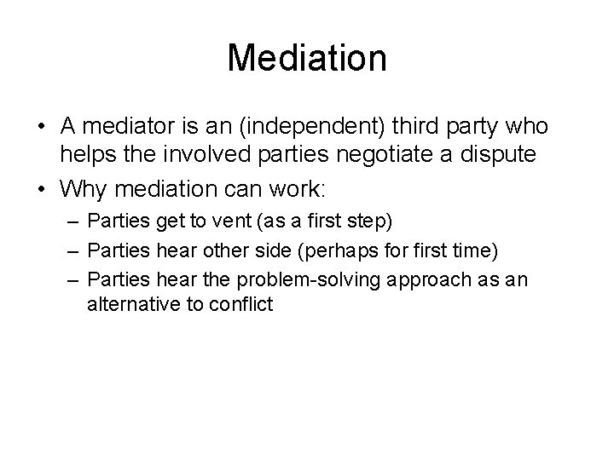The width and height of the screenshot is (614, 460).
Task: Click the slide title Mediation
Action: [x=307, y=59]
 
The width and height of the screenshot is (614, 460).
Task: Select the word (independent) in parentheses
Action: [x=312, y=126]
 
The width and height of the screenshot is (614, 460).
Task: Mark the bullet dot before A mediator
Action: [x=41, y=126]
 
